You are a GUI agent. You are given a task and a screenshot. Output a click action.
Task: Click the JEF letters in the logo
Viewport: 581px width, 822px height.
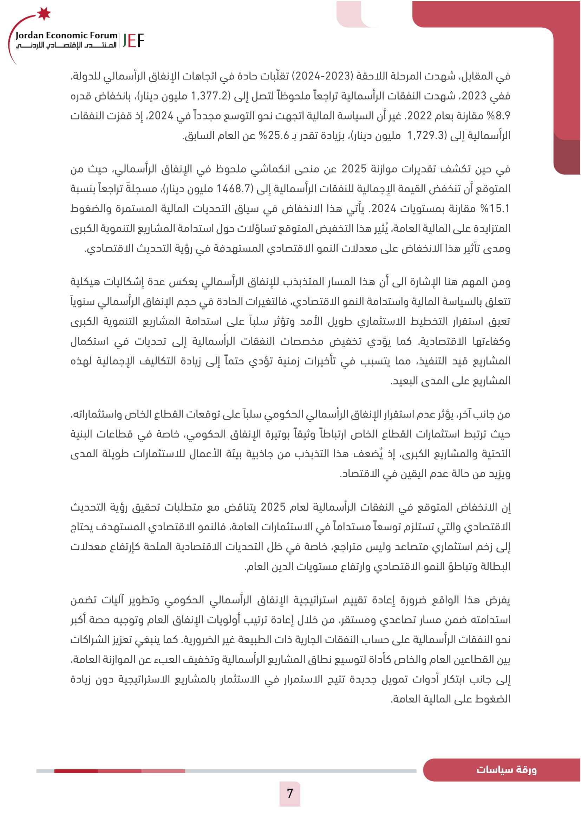[133, 41]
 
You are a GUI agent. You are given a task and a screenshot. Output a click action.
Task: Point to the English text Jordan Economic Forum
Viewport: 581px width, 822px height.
[66, 35]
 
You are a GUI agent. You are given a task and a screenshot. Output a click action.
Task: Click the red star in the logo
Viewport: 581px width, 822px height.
[44, 13]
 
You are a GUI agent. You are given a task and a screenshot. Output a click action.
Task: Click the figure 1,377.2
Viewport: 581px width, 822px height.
[209, 96]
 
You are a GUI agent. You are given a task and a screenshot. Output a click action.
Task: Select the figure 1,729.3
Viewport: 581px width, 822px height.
[426, 136]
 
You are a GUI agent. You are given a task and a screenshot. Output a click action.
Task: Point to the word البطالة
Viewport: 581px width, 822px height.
[495, 567]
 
